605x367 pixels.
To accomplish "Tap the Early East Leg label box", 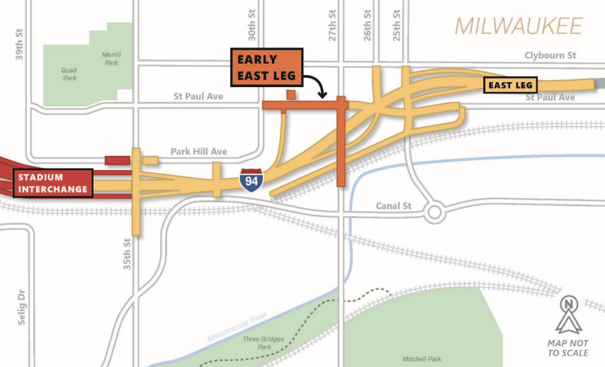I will tap(268, 67).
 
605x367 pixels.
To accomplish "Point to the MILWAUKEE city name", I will tap(518, 26).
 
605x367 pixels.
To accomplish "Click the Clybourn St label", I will tap(550, 55).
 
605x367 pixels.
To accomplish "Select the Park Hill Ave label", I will tap(198, 152).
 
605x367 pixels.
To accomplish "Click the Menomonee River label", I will tap(238, 328).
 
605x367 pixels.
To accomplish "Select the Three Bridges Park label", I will tap(264, 344).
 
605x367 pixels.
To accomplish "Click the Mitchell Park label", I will tap(422, 359).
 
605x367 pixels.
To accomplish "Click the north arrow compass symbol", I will tap(568, 315).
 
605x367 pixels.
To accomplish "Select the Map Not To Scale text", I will tap(568, 347).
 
